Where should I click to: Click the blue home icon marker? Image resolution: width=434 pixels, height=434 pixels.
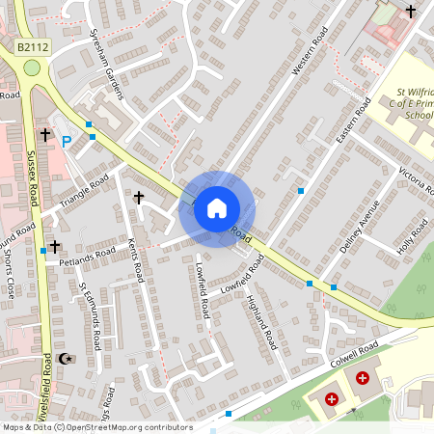217,207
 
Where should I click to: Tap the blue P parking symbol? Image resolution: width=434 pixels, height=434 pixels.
67,142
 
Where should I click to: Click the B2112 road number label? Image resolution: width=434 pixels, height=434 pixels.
32,46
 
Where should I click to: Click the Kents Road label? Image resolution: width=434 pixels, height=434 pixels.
135,258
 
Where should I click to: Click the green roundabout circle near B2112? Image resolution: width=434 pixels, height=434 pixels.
32,68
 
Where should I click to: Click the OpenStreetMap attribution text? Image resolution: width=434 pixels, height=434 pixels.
96,427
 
